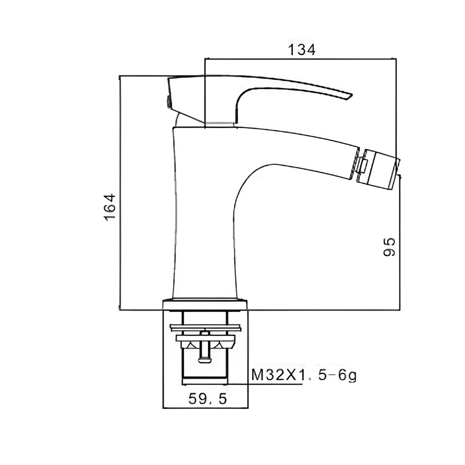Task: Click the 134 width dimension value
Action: point(302,50)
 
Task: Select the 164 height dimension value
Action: point(110,207)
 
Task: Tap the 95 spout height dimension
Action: point(389,247)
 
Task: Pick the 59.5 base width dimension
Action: point(207,399)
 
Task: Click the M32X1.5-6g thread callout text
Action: point(304,375)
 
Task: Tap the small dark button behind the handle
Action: point(168,102)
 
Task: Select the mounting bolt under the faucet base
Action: point(205,347)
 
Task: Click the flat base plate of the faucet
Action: point(205,305)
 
